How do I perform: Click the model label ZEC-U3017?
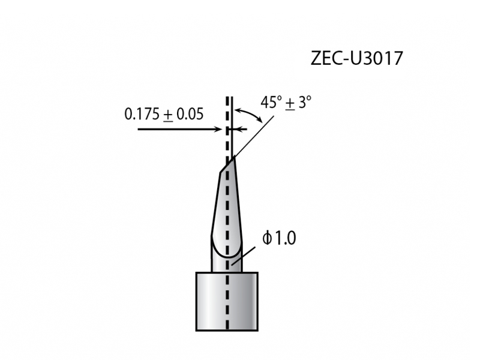(356, 58)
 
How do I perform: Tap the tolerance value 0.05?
(190, 114)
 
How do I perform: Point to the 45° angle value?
(271, 102)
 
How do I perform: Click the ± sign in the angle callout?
(290, 103)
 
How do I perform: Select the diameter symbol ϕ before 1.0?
(267, 239)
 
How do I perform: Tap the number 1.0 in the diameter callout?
(285, 239)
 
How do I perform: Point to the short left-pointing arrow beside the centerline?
(240, 129)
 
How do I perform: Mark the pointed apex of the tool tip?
(233, 157)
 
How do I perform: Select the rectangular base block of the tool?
(227, 301)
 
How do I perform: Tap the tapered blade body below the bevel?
(227, 210)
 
